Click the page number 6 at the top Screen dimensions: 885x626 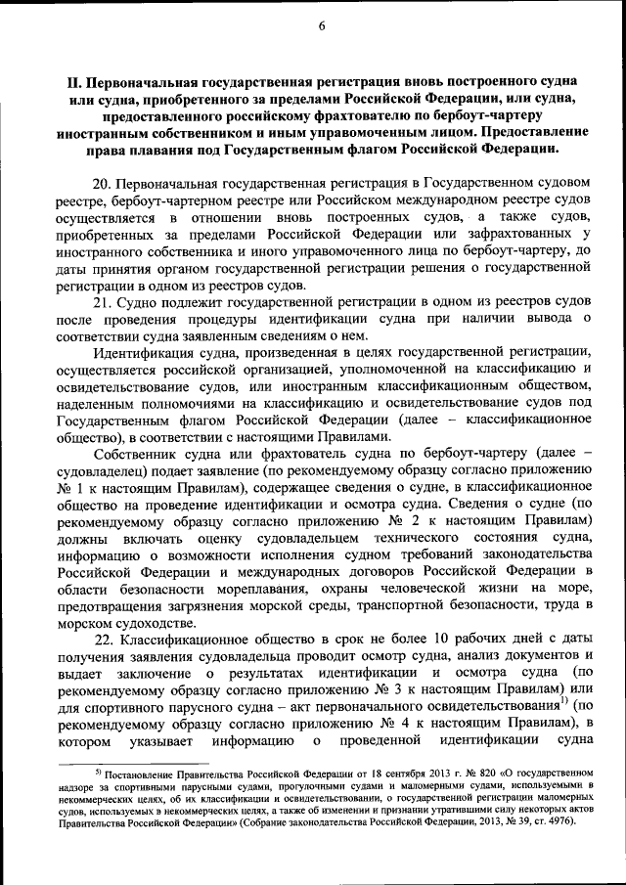pos(321,25)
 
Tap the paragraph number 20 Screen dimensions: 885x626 pos(102,183)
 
